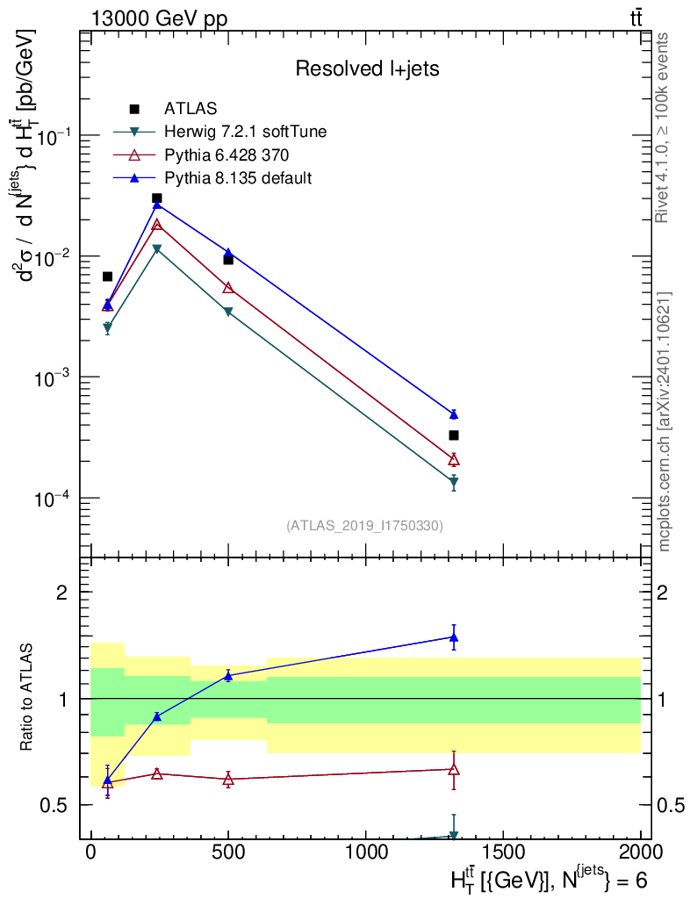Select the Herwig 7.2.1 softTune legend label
[x=245, y=132]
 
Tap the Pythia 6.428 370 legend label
[x=226, y=155]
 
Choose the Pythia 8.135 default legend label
[x=238, y=177]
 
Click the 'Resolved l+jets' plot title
[x=367, y=68]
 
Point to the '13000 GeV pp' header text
[x=159, y=18]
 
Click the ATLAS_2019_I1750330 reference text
[x=364, y=526]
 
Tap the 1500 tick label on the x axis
[x=503, y=852]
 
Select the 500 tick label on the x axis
[x=228, y=852]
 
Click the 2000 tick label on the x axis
[x=640, y=852]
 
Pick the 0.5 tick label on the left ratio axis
[x=54, y=806]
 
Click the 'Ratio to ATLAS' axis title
[x=25, y=697]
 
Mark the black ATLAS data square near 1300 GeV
[x=454, y=435]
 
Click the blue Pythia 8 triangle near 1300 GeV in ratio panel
[x=454, y=637]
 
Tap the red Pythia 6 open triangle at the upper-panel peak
[x=156, y=224]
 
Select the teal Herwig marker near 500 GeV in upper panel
[x=228, y=312]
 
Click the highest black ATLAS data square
[x=156, y=198]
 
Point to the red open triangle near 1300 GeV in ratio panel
[x=454, y=769]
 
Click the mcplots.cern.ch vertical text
[x=664, y=422]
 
